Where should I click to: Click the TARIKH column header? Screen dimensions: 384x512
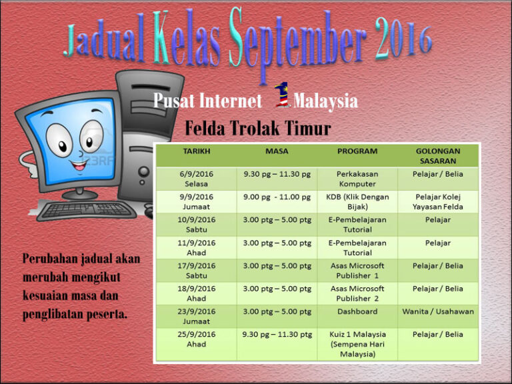(x=197, y=151)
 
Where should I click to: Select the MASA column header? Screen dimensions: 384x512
(x=277, y=151)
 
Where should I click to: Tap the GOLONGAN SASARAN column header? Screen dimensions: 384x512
(x=437, y=155)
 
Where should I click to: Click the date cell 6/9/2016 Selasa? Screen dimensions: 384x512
(x=197, y=178)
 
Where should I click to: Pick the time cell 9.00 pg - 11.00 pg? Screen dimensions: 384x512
(x=277, y=197)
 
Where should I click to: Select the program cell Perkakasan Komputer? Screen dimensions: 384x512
(x=357, y=178)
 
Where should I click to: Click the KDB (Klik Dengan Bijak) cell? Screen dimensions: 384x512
(x=357, y=201)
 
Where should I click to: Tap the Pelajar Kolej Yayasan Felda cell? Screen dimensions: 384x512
(x=437, y=201)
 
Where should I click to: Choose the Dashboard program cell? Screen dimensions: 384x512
(x=357, y=311)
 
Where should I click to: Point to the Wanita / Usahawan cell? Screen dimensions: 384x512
(x=437, y=311)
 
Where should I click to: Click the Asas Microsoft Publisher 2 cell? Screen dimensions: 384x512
(x=357, y=293)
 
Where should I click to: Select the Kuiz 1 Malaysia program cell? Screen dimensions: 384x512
(x=357, y=343)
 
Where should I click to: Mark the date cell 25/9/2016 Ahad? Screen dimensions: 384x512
(x=197, y=339)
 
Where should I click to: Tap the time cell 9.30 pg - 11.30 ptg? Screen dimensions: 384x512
(x=277, y=334)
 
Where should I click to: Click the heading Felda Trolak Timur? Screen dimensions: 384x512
(x=257, y=127)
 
